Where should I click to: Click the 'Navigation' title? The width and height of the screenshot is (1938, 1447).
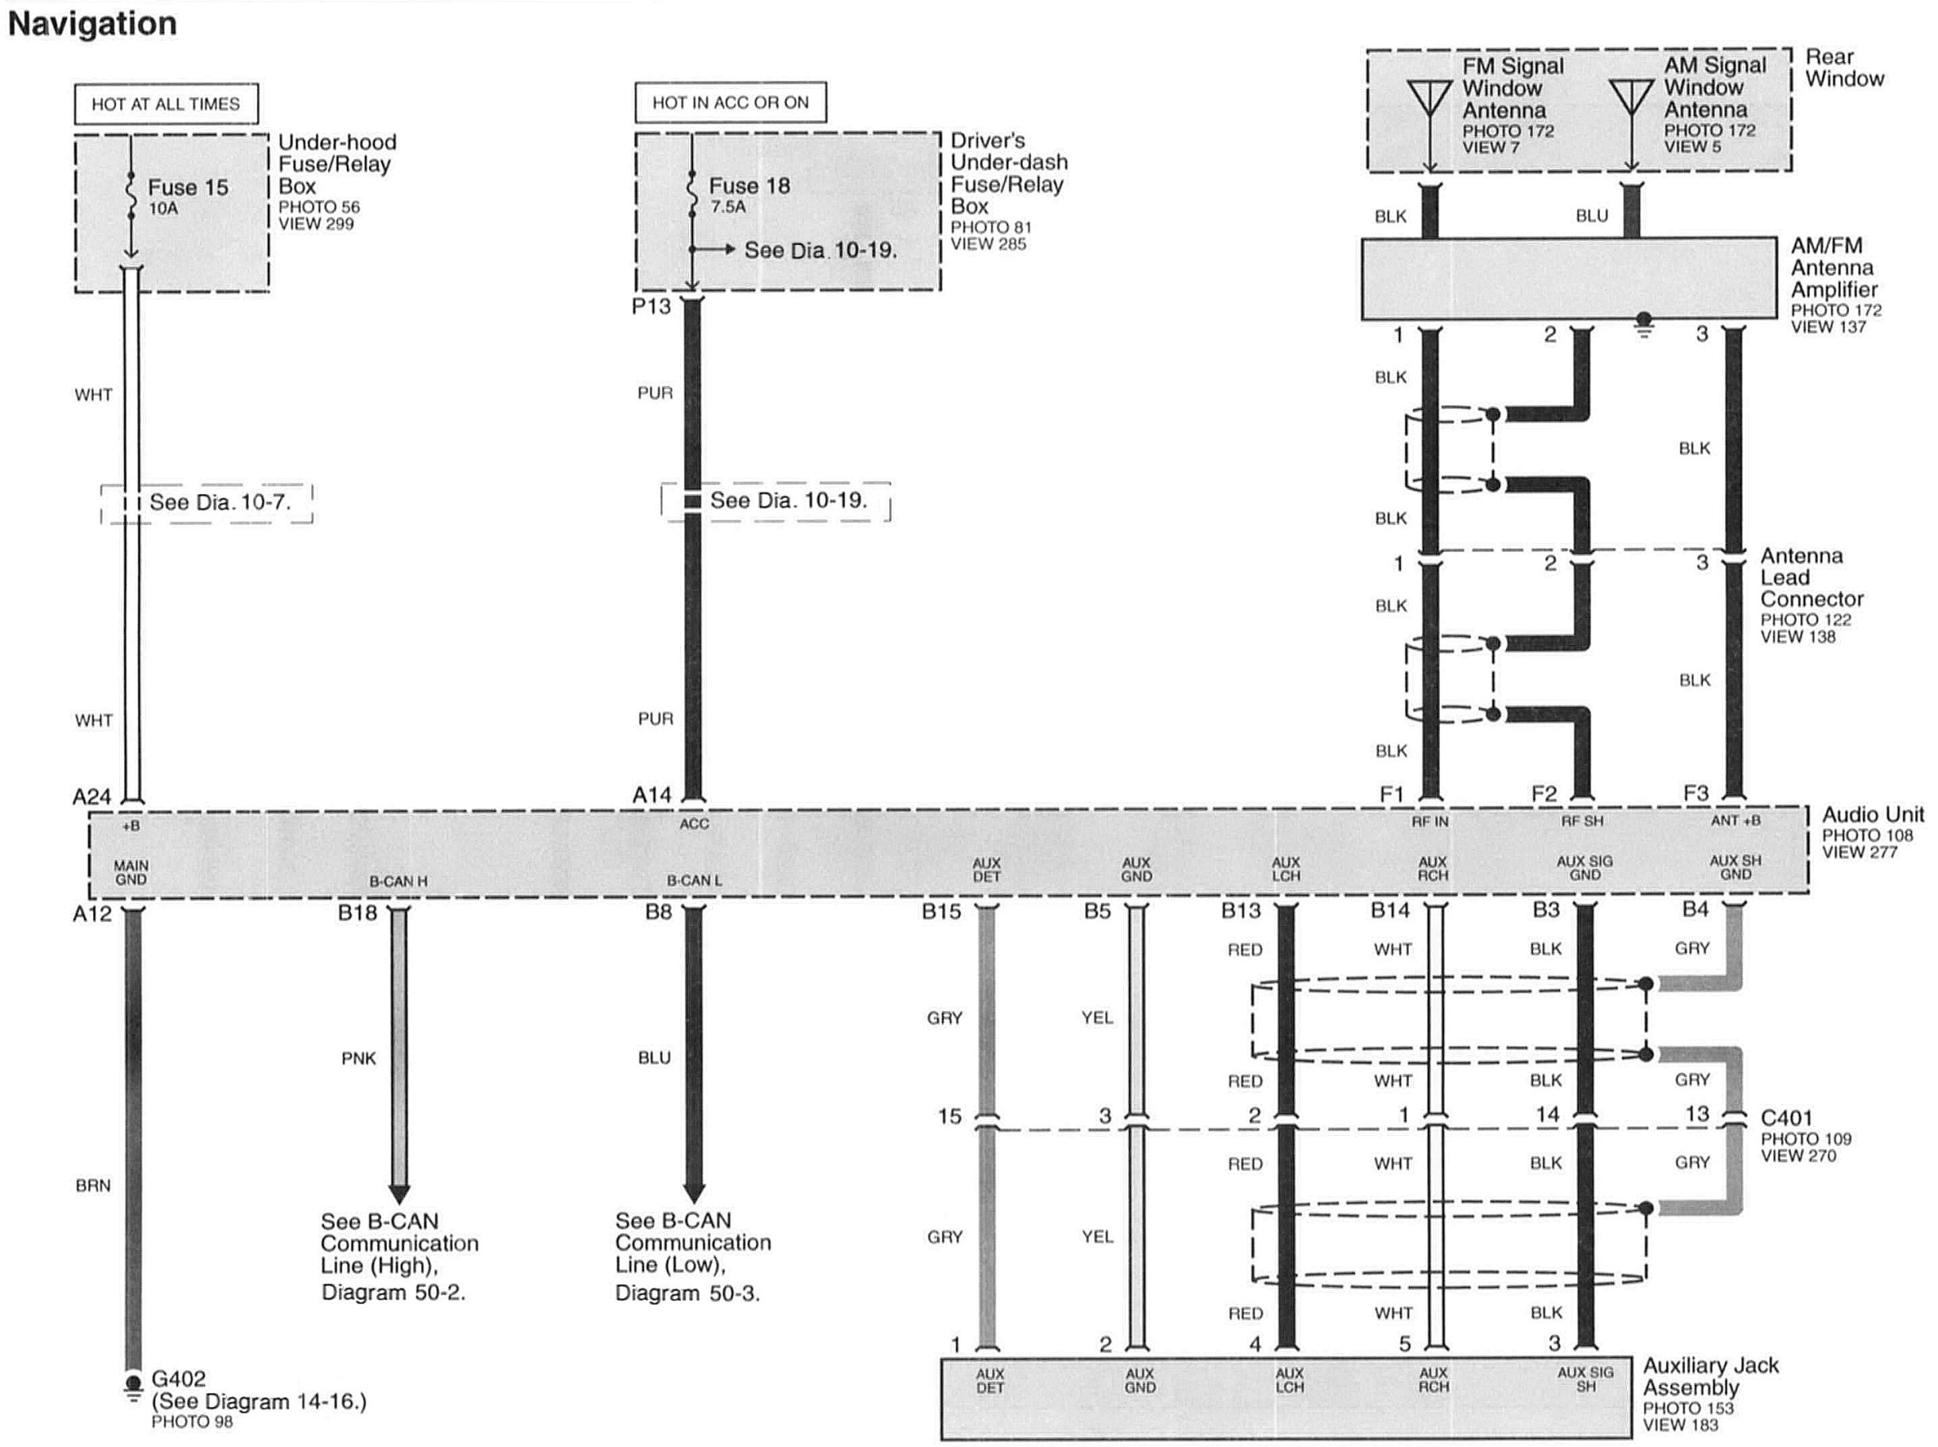point(92,24)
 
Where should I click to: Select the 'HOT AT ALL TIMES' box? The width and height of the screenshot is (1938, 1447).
point(165,104)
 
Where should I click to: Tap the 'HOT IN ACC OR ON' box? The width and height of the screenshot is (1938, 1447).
point(730,103)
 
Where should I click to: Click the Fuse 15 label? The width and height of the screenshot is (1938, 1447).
point(188,188)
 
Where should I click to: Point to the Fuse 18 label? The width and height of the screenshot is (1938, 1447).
point(749,185)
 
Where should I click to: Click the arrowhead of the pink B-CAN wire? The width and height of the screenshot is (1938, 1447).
point(399,1193)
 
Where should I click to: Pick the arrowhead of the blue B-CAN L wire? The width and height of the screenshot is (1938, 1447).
point(694,1192)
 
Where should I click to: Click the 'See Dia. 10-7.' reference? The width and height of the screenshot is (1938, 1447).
point(220,502)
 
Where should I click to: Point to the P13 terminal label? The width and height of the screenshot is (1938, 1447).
point(651,306)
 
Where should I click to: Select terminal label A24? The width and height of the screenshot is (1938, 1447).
point(92,796)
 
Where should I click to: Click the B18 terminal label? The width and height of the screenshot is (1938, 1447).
point(357,912)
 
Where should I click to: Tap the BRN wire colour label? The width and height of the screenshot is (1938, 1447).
point(93,1186)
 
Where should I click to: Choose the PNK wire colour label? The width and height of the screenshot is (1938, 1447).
point(358,1059)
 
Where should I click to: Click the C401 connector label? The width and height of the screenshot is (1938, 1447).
point(1787,1118)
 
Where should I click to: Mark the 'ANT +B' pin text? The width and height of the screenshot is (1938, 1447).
point(1736,821)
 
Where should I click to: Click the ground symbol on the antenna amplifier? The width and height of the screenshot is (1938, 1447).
point(1644,326)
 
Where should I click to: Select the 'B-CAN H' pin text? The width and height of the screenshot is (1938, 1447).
point(399,881)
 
